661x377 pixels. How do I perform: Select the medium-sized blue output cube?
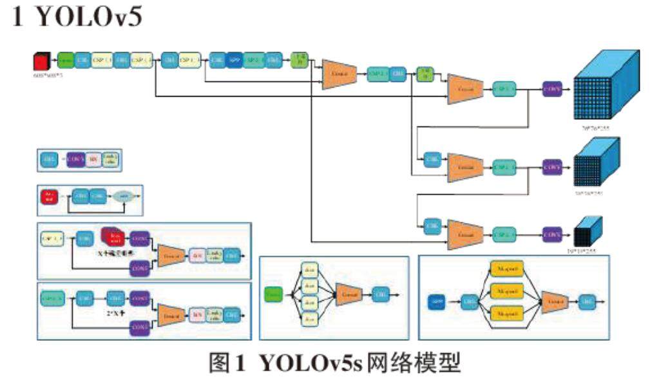(x=595, y=166)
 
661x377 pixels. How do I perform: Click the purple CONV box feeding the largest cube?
(x=552, y=89)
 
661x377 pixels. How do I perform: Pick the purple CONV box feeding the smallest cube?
(x=552, y=235)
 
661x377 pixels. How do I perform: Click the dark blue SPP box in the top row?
(x=235, y=61)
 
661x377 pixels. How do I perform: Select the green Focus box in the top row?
(x=66, y=61)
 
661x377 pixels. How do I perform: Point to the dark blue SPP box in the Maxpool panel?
(x=437, y=301)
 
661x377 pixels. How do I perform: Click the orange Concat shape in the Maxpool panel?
(x=553, y=302)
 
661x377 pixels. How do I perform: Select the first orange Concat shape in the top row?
(x=340, y=75)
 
